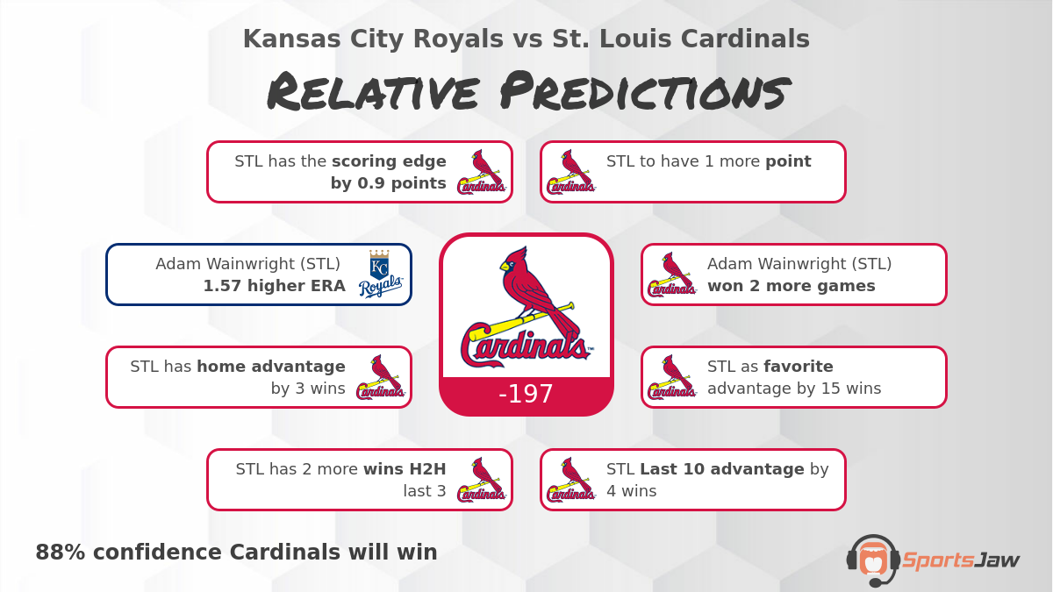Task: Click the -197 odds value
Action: click(526, 395)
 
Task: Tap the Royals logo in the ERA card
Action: click(380, 275)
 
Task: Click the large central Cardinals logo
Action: click(526, 308)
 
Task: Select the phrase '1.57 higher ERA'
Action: click(274, 286)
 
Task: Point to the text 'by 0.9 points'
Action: click(388, 183)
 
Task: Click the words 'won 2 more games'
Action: click(791, 286)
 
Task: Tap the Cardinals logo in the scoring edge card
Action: click(482, 172)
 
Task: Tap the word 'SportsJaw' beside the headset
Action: click(960, 560)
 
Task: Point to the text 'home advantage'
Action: click(270, 367)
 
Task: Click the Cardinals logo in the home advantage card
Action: click(380, 377)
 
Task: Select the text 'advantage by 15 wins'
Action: click(793, 389)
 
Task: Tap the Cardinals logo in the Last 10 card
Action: click(571, 480)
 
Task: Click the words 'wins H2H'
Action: click(405, 469)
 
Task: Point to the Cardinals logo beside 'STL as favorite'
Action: click(672, 377)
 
